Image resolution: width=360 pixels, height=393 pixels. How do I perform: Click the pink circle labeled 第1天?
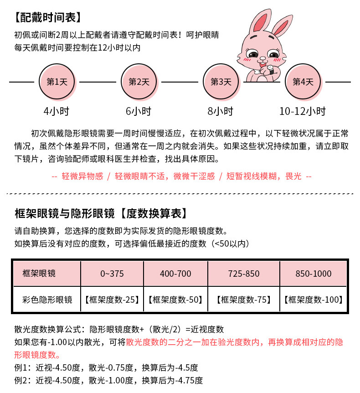pyautogui.click(x=57, y=82)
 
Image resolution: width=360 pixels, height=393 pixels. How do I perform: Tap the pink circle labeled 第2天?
pyautogui.click(x=139, y=82)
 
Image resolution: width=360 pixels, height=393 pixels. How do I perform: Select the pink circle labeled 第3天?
pyautogui.click(x=221, y=82)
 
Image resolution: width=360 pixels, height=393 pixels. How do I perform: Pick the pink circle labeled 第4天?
pyautogui.click(x=303, y=82)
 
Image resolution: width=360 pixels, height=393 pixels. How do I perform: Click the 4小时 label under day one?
pyautogui.click(x=57, y=111)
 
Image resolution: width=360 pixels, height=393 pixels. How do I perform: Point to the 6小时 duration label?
pyautogui.click(x=139, y=111)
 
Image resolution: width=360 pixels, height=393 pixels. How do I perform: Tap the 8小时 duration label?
pyautogui.click(x=221, y=111)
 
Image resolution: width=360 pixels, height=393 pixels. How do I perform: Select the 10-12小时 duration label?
pyautogui.click(x=303, y=111)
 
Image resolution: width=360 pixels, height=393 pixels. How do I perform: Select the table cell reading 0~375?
pyautogui.click(x=112, y=274)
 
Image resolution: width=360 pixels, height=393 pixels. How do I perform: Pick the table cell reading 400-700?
pyautogui.click(x=175, y=274)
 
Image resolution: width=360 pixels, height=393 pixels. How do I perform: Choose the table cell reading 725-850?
pyautogui.click(x=244, y=274)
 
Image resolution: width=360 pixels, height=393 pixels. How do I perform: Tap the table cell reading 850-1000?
pyautogui.click(x=314, y=274)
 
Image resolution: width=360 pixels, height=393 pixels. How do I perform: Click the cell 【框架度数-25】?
pyautogui.click(x=112, y=300)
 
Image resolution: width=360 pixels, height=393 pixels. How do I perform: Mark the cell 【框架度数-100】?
pyautogui.click(x=314, y=300)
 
